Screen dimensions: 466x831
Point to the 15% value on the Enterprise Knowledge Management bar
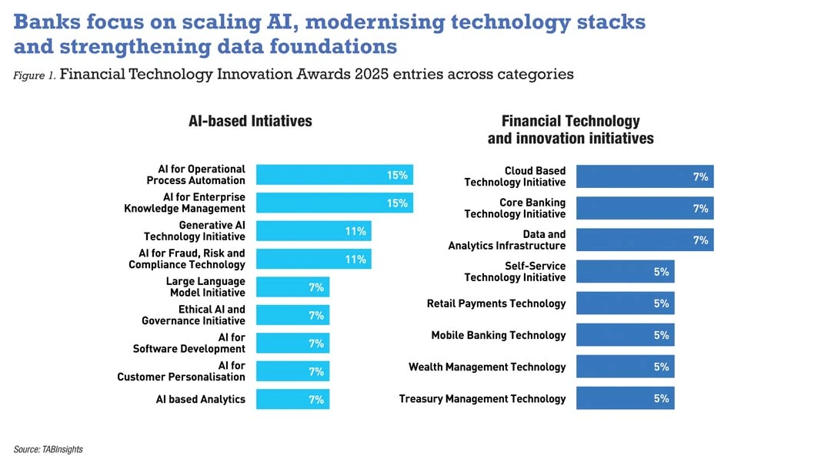pyautogui.click(x=397, y=203)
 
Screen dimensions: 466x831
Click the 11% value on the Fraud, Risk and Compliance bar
pyautogui.click(x=355, y=260)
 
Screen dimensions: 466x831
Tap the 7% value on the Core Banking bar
pyautogui.click(x=700, y=208)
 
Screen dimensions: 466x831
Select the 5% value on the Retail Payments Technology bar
pyautogui.click(x=661, y=303)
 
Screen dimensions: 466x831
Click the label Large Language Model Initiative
pyautogui.click(x=205, y=287)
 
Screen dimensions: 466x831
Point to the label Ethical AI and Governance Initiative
pyautogui.click(x=193, y=315)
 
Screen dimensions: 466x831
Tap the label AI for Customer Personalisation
pyautogui.click(x=181, y=371)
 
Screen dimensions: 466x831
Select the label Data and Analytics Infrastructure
pyautogui.click(x=507, y=240)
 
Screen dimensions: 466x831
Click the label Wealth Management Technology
pyautogui.click(x=487, y=367)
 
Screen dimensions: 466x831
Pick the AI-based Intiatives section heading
pyautogui.click(x=250, y=121)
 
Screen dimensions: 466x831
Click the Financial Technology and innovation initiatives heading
pyautogui.click(x=570, y=129)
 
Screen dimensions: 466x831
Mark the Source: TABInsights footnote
pyautogui.click(x=48, y=449)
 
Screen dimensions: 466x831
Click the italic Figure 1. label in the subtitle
pyautogui.click(x=34, y=75)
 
